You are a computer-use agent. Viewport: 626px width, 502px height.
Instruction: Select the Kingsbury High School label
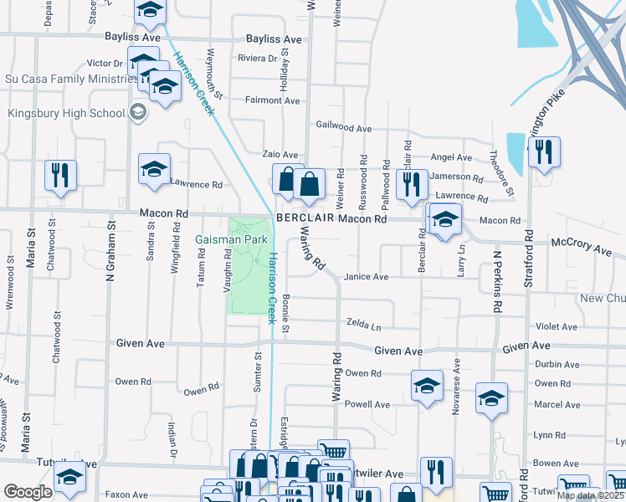pos(66,113)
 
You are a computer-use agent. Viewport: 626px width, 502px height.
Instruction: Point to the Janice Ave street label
pos(367,277)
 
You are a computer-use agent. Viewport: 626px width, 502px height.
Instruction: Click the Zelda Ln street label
pos(364,323)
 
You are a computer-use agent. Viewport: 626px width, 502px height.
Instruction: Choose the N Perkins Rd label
pos(496,282)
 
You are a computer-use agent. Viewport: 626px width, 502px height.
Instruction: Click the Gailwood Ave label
pos(343,128)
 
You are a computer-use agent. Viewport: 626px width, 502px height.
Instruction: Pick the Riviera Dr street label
pos(257,59)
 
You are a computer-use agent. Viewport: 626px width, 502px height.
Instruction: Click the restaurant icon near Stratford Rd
pos(544,152)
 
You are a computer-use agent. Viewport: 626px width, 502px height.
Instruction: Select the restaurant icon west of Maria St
pos(60,175)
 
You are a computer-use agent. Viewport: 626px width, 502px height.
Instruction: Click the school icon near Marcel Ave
pos(491,398)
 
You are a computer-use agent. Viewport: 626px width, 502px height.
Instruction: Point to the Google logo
pos(28,492)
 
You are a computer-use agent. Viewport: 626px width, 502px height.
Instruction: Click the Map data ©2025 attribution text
pos(590,495)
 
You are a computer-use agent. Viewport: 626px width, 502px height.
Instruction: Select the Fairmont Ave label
pos(272,100)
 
